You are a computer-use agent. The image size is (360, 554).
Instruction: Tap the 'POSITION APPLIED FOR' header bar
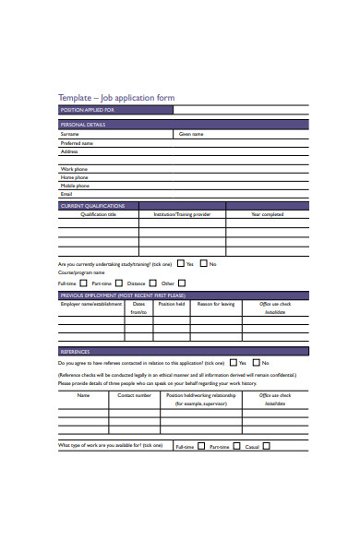pyautogui.click(x=114, y=110)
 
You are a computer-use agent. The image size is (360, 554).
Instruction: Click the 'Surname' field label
pyautogui.click(x=70, y=134)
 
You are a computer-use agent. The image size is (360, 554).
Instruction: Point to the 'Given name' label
pyautogui.click(x=191, y=134)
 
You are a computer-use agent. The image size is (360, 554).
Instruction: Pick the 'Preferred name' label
pyautogui.click(x=77, y=143)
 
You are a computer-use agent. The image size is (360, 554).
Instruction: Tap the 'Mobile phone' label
pyautogui.click(x=76, y=186)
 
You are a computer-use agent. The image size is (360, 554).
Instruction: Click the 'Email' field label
pyautogui.click(x=66, y=194)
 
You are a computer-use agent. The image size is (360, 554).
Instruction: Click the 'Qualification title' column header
pyautogui.click(x=99, y=214)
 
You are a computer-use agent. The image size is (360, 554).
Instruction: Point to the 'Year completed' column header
pyautogui.click(x=268, y=214)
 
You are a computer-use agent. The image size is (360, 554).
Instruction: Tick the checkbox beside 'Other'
pyautogui.click(x=182, y=283)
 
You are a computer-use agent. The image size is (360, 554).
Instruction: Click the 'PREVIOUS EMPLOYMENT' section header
pyautogui.click(x=128, y=295)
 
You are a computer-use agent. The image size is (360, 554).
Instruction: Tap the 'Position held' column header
pyautogui.click(x=172, y=303)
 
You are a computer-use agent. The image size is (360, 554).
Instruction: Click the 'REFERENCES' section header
pyautogui.click(x=75, y=352)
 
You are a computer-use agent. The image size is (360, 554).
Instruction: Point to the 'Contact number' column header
pyautogui.click(x=135, y=395)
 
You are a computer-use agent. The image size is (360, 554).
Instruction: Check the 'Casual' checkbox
pyautogui.click(x=267, y=446)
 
